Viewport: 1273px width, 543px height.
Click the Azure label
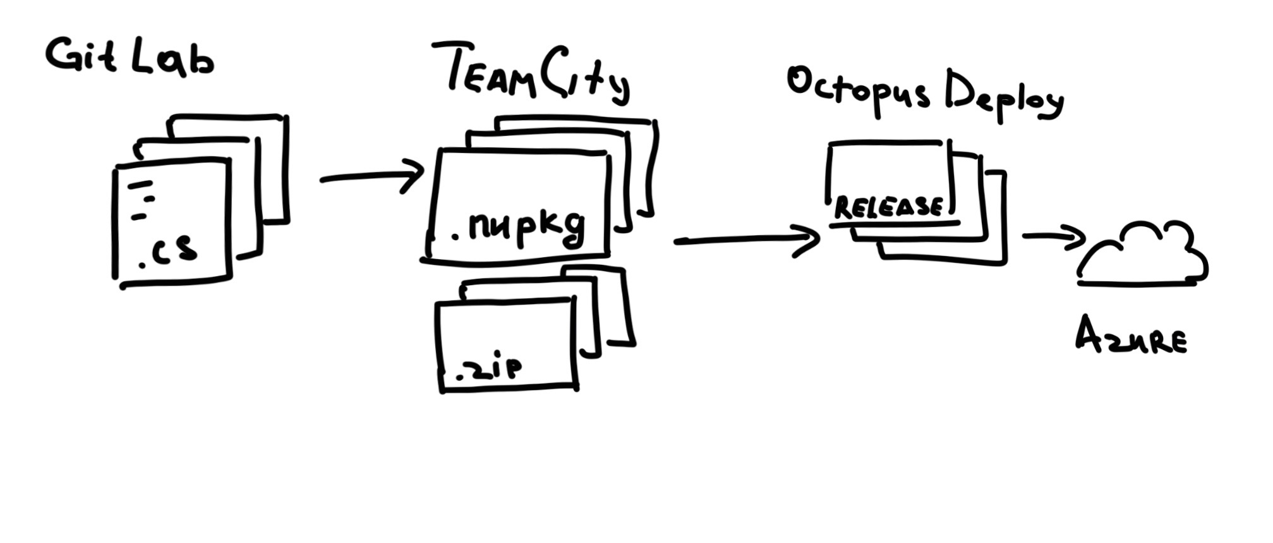(1130, 335)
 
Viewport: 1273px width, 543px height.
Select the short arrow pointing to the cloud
(1053, 236)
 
